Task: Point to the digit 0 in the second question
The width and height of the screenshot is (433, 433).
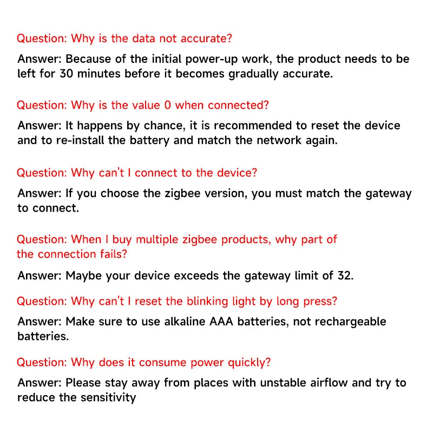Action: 167,105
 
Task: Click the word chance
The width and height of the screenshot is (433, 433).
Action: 162,126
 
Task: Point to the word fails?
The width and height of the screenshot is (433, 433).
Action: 113,254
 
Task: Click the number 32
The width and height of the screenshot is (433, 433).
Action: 344,275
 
